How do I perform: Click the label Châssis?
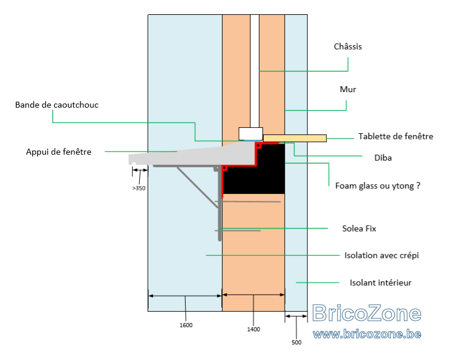coord(348,46)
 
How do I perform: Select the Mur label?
coord(348,89)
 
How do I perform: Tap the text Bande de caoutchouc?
coord(57,105)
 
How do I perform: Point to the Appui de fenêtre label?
coord(59,152)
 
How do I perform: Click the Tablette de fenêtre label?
coord(396,136)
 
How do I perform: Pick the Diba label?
coord(383,158)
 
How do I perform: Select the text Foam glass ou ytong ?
coord(377,186)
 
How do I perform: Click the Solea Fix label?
coord(359,228)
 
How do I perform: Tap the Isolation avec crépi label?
coord(382,255)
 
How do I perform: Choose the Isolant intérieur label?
coord(380,283)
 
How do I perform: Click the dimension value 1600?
coord(186,325)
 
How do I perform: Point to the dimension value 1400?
coord(254,329)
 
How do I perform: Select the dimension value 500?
coord(296,342)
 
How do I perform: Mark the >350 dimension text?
coord(139,188)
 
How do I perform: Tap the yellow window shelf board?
coord(295,138)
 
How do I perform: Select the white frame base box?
coord(251,134)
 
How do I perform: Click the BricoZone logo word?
coord(367,313)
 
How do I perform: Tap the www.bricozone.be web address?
coord(367,334)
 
